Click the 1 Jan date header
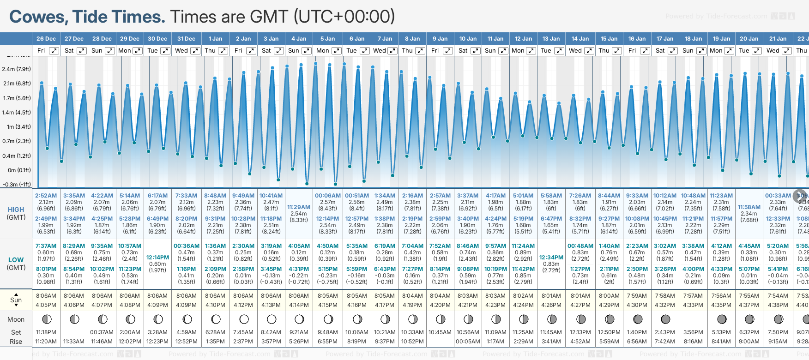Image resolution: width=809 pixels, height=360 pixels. coord(215,39)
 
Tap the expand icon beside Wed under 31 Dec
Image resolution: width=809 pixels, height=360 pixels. coord(195,51)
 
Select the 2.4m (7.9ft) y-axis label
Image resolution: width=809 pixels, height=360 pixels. coord(16,69)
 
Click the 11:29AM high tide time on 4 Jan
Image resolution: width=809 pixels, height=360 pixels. coord(299,207)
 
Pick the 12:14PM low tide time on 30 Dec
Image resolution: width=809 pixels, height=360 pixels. coord(157,258)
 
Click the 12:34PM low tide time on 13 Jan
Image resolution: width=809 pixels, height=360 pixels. coord(551,258)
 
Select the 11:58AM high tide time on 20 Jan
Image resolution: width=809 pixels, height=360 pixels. coord(749,207)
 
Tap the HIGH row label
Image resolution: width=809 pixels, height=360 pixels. coord(16,210)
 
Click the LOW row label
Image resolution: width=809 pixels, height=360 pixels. coord(16,260)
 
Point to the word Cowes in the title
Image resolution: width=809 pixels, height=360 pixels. coord(39,17)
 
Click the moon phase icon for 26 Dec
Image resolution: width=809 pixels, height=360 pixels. coord(46,319)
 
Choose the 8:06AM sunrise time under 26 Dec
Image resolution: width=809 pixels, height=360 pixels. coord(46,296)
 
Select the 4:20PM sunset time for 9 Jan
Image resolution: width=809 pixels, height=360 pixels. coord(440,305)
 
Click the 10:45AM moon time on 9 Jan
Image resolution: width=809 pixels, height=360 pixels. coord(440,332)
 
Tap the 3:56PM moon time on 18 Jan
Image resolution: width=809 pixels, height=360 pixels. coord(693,332)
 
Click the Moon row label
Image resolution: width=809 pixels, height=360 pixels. coord(16,319)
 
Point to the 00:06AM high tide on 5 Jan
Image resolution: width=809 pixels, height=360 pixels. coord(328,196)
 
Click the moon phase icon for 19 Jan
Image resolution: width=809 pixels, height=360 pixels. coord(722,319)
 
